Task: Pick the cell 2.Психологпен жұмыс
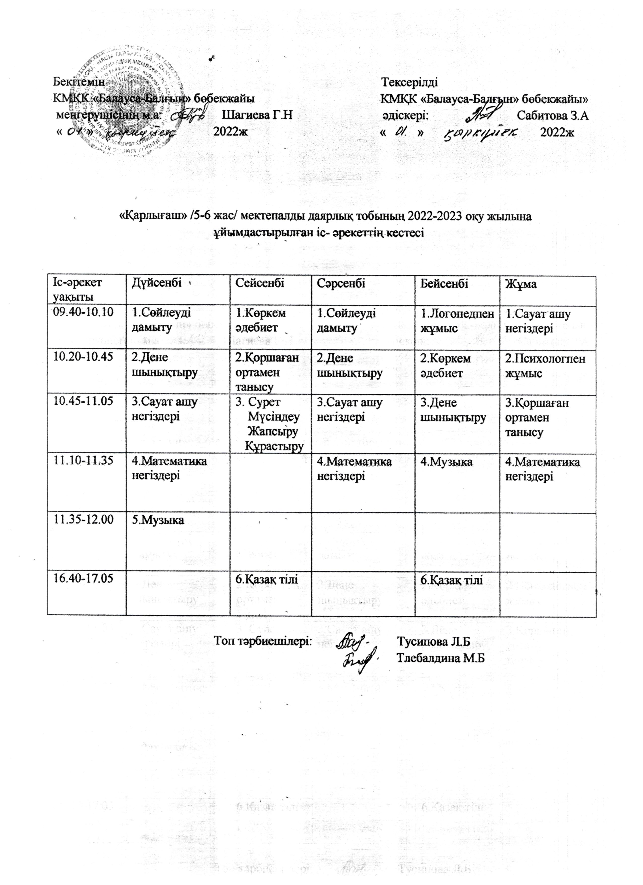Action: [x=545, y=366]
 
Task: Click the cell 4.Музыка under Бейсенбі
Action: [x=447, y=462]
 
